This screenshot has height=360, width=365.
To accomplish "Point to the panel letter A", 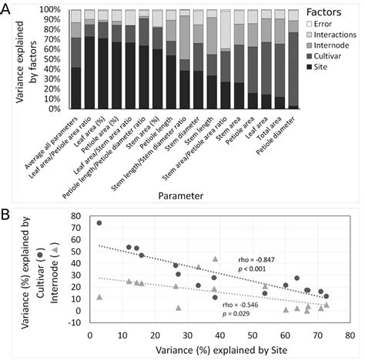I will [9, 9].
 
